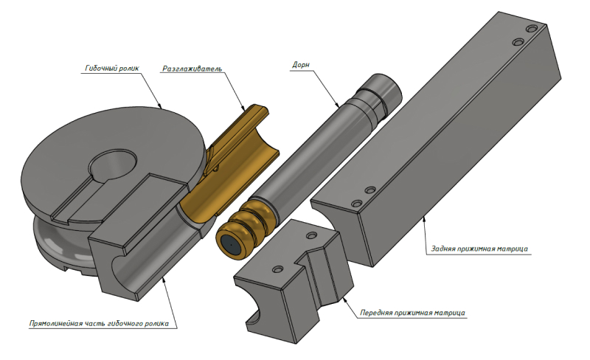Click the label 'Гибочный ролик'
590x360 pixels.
pyautogui.click(x=112, y=68)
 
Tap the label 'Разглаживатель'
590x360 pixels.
pyautogui.click(x=192, y=69)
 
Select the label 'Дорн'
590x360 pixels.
pyautogui.click(x=301, y=65)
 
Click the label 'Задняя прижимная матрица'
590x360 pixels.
pyautogui.click(x=479, y=249)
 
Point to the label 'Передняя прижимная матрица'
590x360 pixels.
pyautogui.click(x=412, y=313)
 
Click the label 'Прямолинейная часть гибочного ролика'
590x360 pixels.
pyautogui.click(x=99, y=324)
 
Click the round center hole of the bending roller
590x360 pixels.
pyautogui.click(x=112, y=165)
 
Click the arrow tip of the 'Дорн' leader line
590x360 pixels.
pyautogui.click(x=339, y=106)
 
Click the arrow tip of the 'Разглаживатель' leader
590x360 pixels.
pyautogui.click(x=245, y=110)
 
